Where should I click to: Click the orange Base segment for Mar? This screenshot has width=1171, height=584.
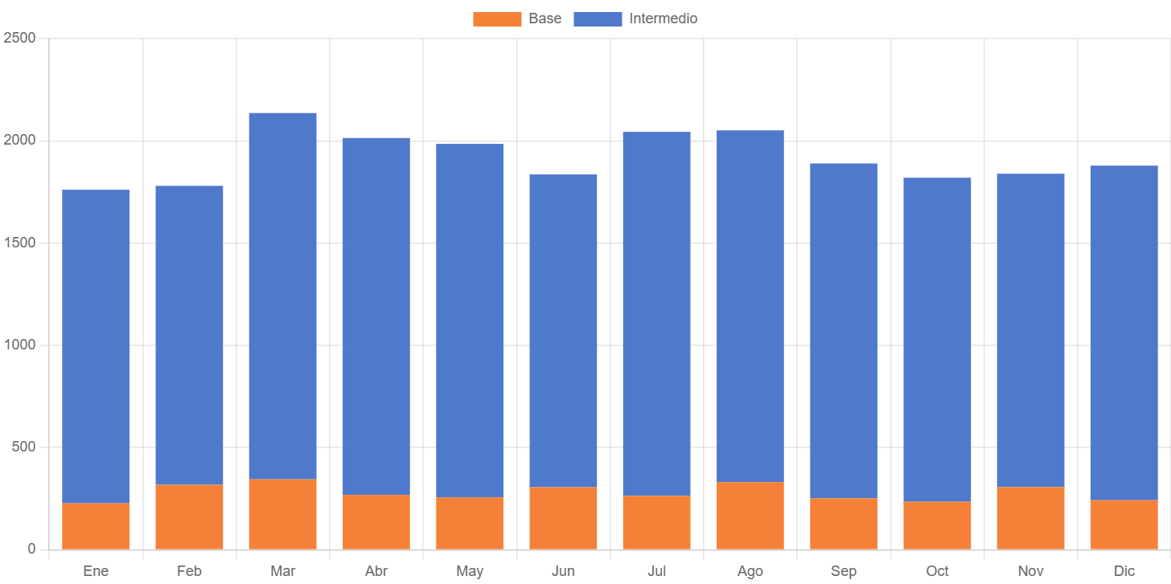[282, 514]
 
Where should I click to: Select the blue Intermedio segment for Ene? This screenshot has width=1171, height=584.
[96, 346]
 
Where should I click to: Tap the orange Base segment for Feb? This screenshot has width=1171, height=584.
[189, 517]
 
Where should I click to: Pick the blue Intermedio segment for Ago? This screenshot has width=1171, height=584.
[750, 306]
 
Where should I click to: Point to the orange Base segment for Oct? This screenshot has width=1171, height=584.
[937, 525]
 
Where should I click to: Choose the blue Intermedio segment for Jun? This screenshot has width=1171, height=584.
[563, 330]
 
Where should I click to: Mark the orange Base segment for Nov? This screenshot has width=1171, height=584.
[1030, 518]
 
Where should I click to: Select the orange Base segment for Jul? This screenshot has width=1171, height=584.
[656, 522]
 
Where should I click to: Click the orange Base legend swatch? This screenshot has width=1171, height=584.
[496, 18]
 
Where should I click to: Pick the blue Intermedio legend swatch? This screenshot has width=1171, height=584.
[598, 18]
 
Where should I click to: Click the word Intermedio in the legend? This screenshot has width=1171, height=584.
[663, 18]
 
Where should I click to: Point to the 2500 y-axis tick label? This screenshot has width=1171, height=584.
[20, 38]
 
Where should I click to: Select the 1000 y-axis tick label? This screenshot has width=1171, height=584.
[20, 345]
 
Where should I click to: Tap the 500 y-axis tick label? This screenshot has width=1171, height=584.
[24, 447]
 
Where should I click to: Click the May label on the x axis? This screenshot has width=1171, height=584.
[470, 571]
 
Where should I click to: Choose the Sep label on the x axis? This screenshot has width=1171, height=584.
[844, 571]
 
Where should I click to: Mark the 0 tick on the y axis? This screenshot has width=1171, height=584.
[31, 549]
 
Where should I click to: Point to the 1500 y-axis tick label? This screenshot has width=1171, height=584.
[20, 243]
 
